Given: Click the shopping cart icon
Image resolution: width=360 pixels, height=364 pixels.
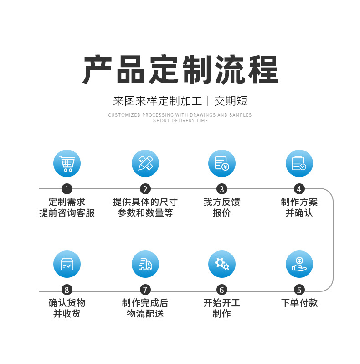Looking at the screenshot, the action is click(x=67, y=163).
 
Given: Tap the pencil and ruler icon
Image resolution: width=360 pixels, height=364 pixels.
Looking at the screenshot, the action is click(x=145, y=163).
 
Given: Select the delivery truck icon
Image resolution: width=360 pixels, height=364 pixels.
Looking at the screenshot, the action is click(x=145, y=264).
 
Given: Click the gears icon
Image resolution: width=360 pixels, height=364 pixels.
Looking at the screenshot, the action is click(x=222, y=264).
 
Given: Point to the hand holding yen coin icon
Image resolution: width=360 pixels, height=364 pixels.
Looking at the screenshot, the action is click(x=299, y=264).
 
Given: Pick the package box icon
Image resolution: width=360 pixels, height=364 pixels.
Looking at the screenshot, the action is click(x=67, y=264).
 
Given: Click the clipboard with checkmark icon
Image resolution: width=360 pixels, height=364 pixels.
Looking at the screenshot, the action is click(x=299, y=163).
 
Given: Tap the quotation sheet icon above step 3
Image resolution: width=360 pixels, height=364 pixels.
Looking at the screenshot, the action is click(x=222, y=163).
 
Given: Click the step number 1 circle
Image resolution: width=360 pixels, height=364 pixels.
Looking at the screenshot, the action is click(x=67, y=189).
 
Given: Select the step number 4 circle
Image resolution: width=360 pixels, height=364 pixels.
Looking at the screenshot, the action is click(x=299, y=189).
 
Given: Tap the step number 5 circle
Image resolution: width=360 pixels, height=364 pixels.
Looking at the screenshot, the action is click(x=299, y=290).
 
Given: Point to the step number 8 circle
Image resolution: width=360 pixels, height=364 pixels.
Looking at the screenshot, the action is click(x=67, y=290).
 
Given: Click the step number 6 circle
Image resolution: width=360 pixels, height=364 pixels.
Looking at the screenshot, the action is click(x=222, y=290).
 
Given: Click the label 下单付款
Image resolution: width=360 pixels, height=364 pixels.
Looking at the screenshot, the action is click(x=299, y=303).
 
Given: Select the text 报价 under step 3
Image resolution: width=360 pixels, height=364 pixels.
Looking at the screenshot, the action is click(x=222, y=213).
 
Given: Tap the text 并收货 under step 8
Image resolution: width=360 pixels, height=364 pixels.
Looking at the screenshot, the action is click(x=67, y=314).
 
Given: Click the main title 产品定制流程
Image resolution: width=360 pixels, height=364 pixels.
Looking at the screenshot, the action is click(x=180, y=70).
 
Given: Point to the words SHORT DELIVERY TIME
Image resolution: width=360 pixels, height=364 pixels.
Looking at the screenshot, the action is click(x=180, y=121).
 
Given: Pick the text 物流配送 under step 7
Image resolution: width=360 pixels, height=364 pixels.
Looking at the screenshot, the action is click(x=145, y=314).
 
